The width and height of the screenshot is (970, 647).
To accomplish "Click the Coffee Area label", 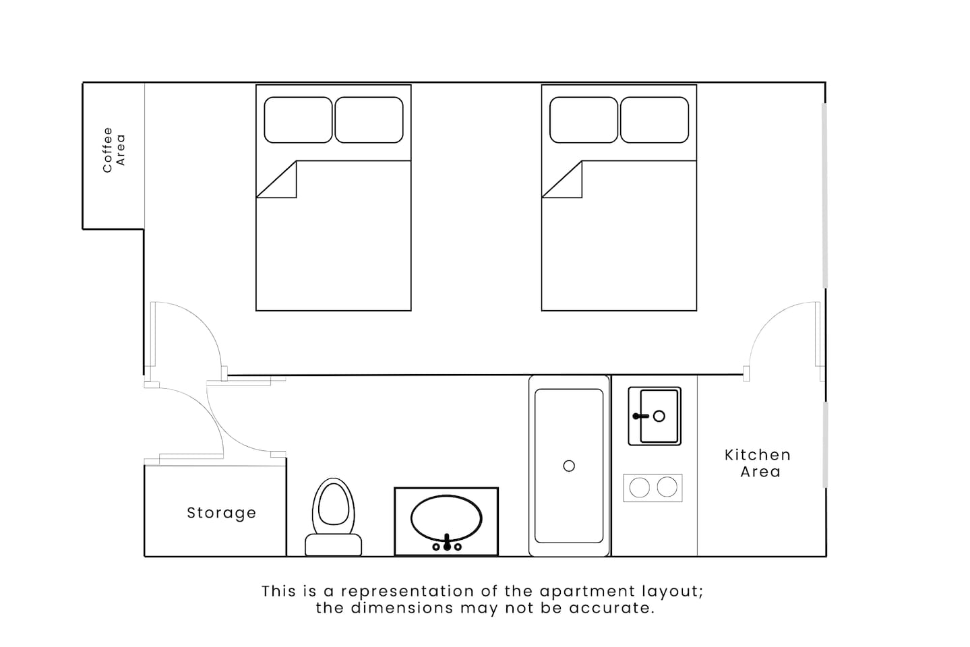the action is [114, 150].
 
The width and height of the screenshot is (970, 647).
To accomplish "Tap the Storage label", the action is [221, 513].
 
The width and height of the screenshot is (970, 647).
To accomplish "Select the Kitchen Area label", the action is [758, 463].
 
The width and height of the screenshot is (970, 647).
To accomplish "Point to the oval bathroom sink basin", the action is [446, 518].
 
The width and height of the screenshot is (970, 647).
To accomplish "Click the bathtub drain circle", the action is [569, 466].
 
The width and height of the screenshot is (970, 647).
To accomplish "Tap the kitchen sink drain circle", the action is [659, 417].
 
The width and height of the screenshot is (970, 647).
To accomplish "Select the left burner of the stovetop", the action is [640, 488].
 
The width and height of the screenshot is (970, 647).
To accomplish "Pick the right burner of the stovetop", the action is [667, 487].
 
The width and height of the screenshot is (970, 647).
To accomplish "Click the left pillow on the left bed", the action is [298, 120].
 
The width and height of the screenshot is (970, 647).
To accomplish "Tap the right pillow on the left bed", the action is [369, 120].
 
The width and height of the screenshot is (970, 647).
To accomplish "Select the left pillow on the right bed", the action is [584, 120].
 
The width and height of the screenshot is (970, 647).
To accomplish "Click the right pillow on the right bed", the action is [655, 120].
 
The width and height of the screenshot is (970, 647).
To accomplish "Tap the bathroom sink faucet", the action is [447, 543].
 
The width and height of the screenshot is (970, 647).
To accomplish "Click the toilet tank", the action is [334, 545].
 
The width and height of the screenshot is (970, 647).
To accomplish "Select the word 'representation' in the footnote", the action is [407, 591].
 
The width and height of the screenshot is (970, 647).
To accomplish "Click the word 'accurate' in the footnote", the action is [611, 608].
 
